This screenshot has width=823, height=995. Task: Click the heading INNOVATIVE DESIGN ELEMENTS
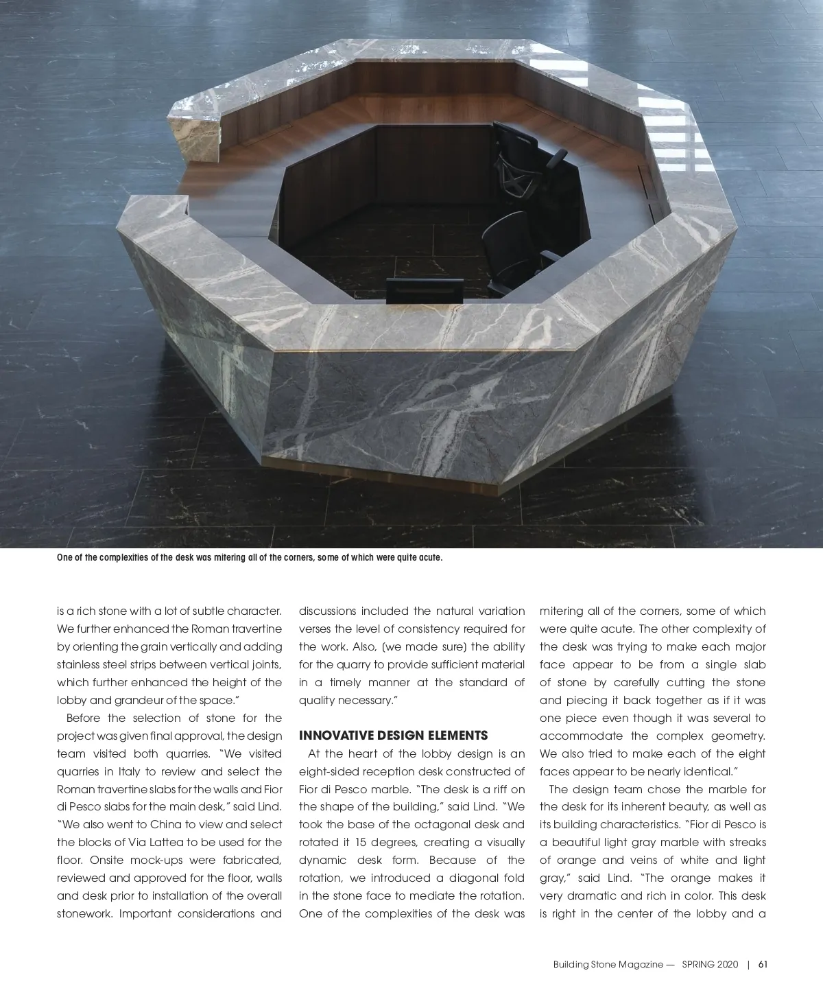(393, 736)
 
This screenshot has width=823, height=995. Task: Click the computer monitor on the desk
(422, 291)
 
